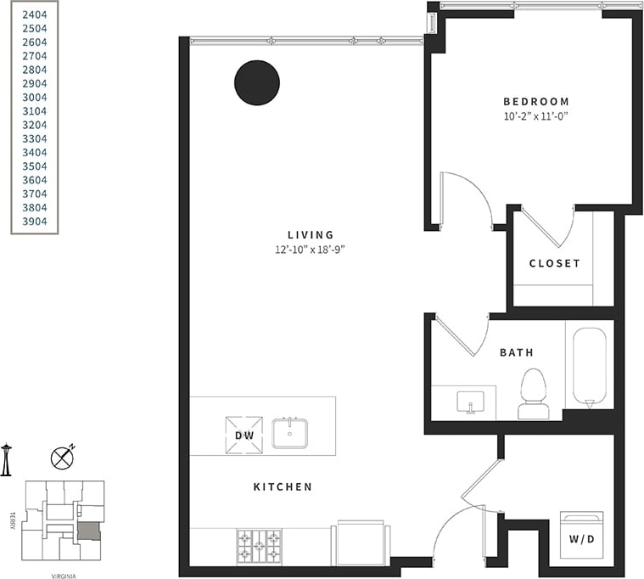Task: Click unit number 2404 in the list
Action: click(x=34, y=14)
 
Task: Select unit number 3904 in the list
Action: click(x=34, y=222)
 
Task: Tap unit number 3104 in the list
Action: click(x=34, y=111)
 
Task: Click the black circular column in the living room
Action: click(x=257, y=83)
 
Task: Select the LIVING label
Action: click(x=311, y=235)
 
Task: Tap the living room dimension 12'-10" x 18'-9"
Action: click(x=311, y=250)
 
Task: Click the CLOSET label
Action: click(x=555, y=263)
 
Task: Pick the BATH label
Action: click(x=518, y=351)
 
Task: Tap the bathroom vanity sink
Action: click(x=468, y=401)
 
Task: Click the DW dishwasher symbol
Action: click(x=244, y=435)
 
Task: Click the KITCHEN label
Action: click(x=283, y=487)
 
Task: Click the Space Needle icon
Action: click(x=6, y=459)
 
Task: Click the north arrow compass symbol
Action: click(x=62, y=458)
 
